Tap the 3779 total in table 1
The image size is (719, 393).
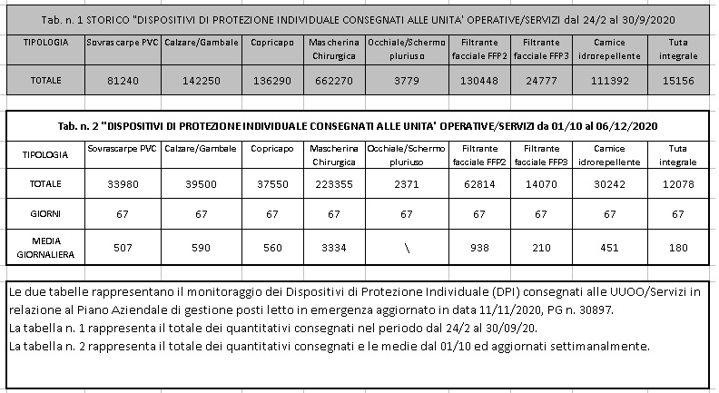pos(404,80)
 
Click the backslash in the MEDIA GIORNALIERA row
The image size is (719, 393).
pos(404,246)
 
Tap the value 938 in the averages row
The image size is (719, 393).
pos(478,245)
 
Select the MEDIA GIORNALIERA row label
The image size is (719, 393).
pos(45,245)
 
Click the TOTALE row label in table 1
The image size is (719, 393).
pos(45,80)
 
